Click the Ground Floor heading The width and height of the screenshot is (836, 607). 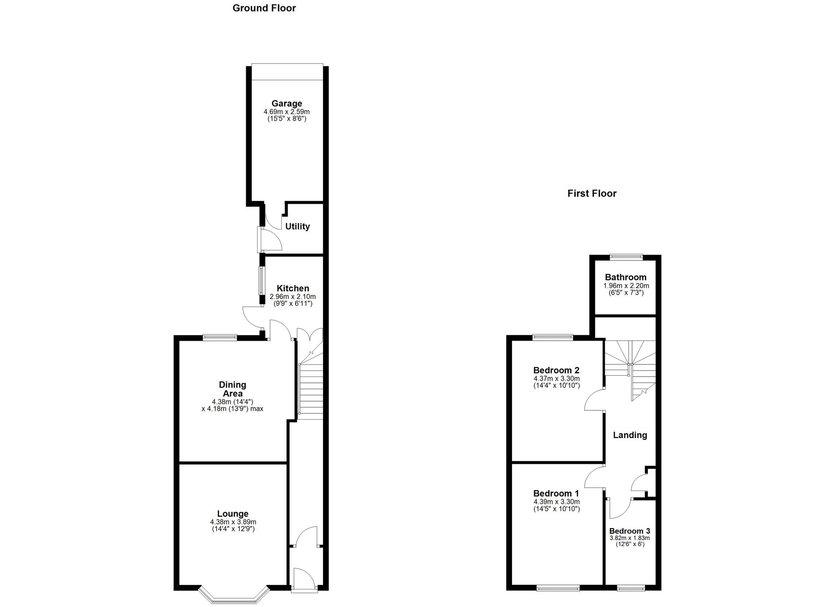[264, 8]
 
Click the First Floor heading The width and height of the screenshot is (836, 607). [591, 193]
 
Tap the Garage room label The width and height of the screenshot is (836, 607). [286, 103]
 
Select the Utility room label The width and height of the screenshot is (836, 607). [297, 226]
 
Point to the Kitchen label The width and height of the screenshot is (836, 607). [293, 288]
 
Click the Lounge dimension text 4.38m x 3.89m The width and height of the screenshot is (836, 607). [233, 522]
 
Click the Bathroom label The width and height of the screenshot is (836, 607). [625, 277]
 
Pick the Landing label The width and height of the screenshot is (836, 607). [630, 435]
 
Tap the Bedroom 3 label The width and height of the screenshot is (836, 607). [629, 531]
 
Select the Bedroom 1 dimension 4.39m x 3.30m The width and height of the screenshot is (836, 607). [556, 502]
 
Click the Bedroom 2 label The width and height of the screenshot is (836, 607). [556, 370]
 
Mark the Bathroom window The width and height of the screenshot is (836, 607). [626, 257]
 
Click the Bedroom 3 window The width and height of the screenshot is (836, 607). [631, 588]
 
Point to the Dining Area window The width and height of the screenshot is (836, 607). [220, 337]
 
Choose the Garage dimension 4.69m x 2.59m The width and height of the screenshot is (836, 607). [286, 112]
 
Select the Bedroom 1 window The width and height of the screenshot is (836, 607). [558, 588]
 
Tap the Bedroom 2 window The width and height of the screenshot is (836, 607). [553, 337]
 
